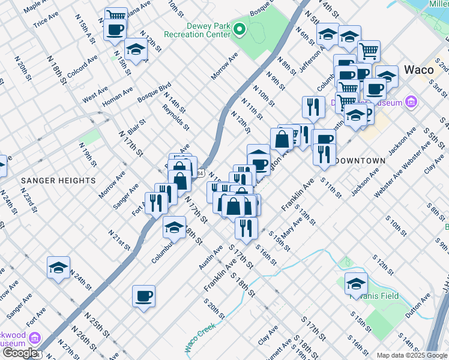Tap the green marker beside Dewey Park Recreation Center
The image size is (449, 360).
[240, 29]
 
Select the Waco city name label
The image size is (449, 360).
[418, 69]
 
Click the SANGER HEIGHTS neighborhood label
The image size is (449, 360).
[58, 180]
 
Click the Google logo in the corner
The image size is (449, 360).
[20, 353]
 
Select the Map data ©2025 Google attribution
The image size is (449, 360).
[412, 355]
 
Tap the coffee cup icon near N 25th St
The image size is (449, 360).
[144, 296]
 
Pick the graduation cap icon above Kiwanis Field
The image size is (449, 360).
[356, 283]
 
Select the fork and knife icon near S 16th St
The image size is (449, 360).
[246, 227]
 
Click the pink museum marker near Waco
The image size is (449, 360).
[411, 101]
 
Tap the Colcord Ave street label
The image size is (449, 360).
[83, 67]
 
